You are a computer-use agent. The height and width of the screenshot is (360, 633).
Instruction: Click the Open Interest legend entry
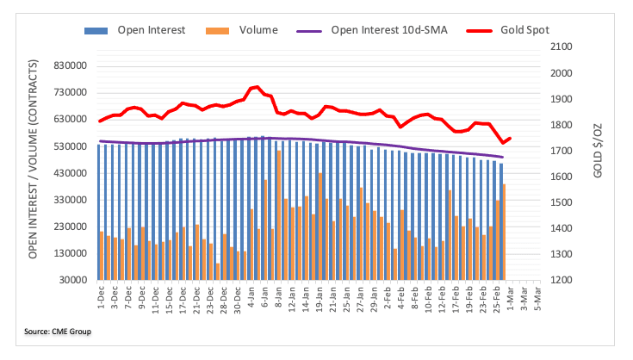(143, 30)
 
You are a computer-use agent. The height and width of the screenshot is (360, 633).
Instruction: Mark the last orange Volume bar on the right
(504, 232)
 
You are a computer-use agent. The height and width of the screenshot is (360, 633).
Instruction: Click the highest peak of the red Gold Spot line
(258, 86)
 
